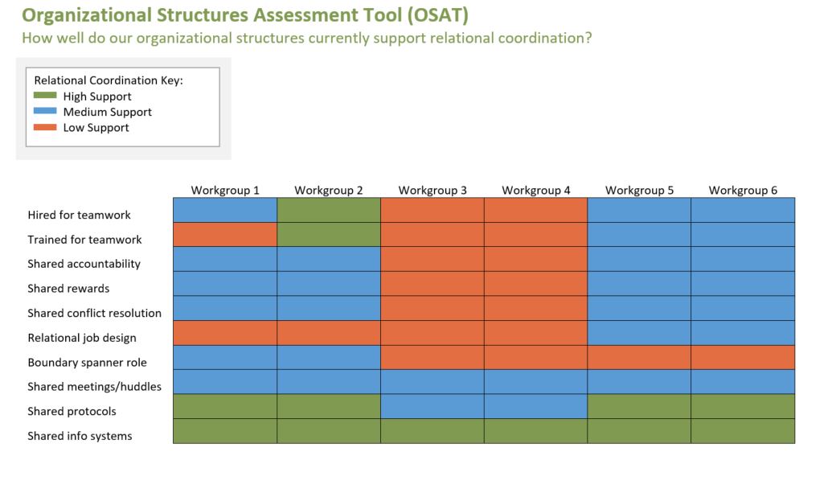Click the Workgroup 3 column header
(432, 190)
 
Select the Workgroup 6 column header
(743, 190)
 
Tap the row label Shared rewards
(68, 288)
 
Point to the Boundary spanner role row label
(88, 362)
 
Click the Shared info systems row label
(80, 436)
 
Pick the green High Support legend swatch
(45, 96)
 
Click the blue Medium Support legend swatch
(45, 111)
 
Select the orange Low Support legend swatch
(45, 127)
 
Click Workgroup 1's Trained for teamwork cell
(225, 235)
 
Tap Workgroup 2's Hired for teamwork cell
(329, 210)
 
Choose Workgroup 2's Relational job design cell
(329, 333)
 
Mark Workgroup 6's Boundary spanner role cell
(743, 357)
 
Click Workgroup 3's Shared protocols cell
(432, 406)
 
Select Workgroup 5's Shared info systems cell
(639, 431)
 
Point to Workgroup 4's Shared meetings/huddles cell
(535, 382)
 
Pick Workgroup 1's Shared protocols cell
(225, 406)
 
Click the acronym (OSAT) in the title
(438, 14)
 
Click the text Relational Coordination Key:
(109, 80)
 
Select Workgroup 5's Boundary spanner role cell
(639, 357)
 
